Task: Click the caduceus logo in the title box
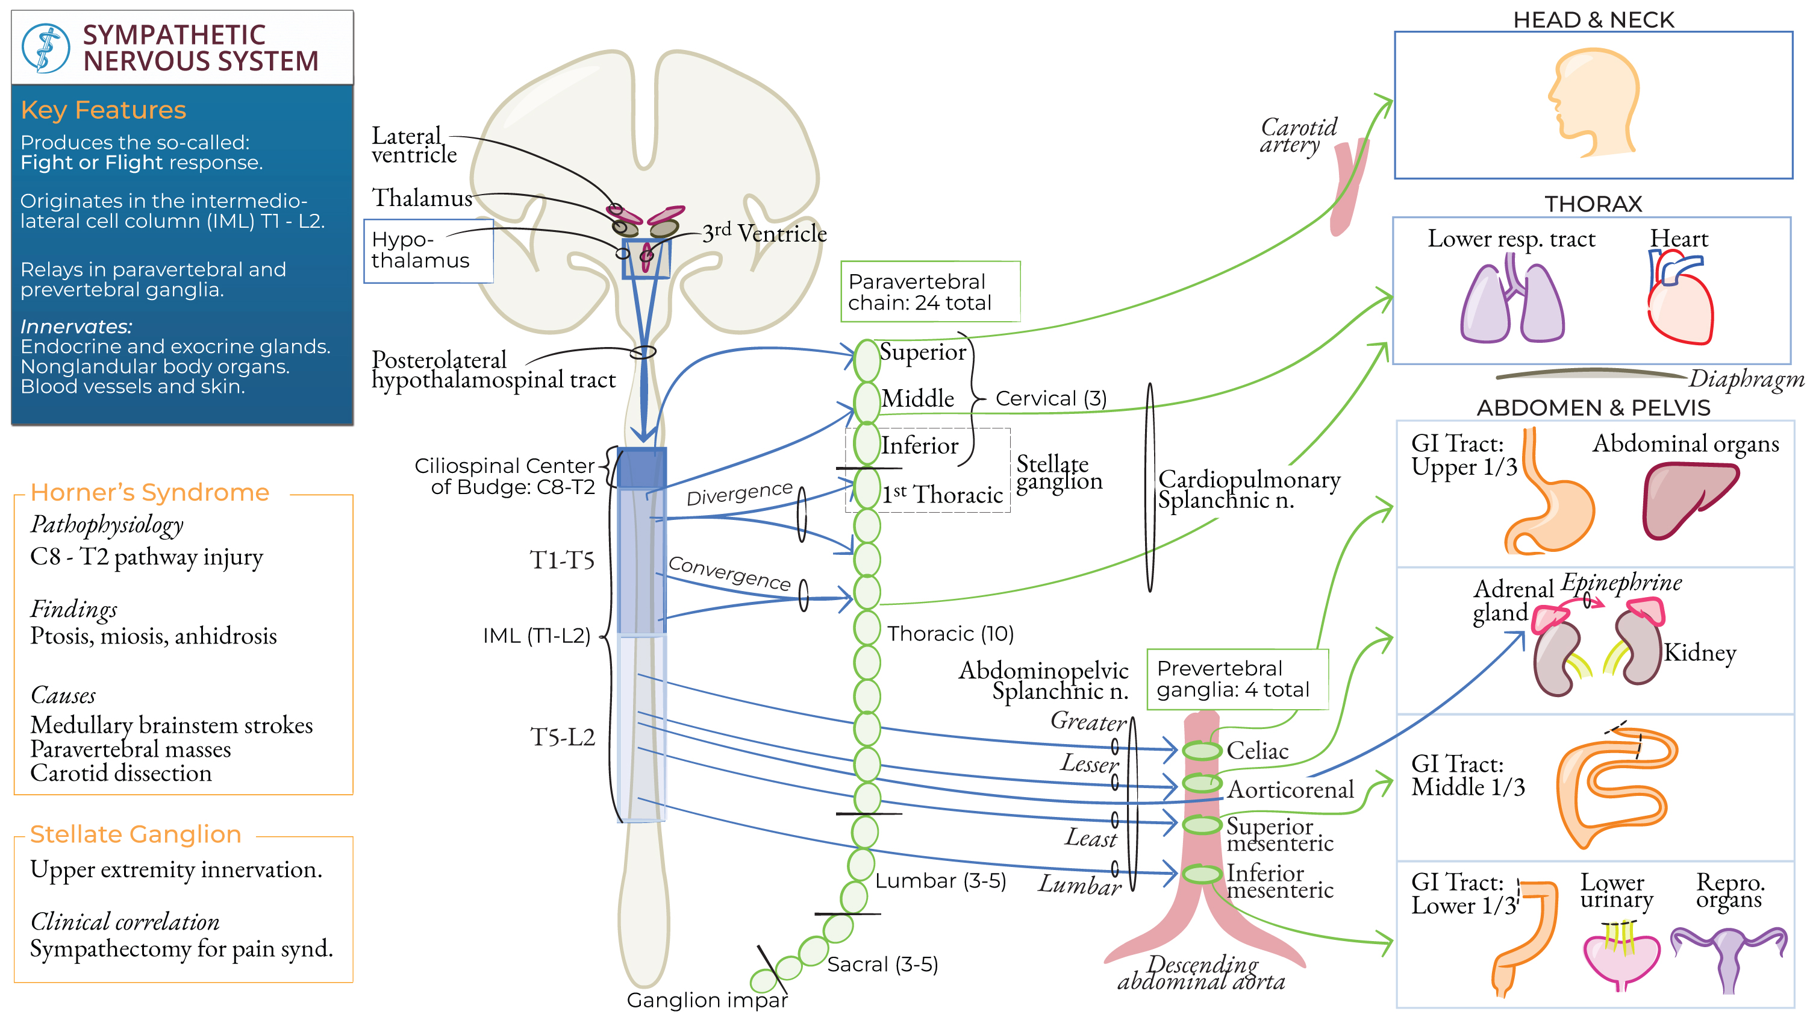pos(46,48)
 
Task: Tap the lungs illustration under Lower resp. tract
pos(1512,303)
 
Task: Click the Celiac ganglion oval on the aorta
pos(1202,750)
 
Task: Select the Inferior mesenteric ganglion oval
pos(1202,874)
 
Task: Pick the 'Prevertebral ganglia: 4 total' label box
pos(1237,678)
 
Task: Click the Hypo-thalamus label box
pos(428,251)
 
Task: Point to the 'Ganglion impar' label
pos(707,1000)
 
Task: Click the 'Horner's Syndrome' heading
pos(150,493)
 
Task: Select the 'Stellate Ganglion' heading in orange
pos(136,834)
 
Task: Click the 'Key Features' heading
pos(103,110)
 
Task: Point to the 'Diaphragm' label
pos(1746,379)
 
